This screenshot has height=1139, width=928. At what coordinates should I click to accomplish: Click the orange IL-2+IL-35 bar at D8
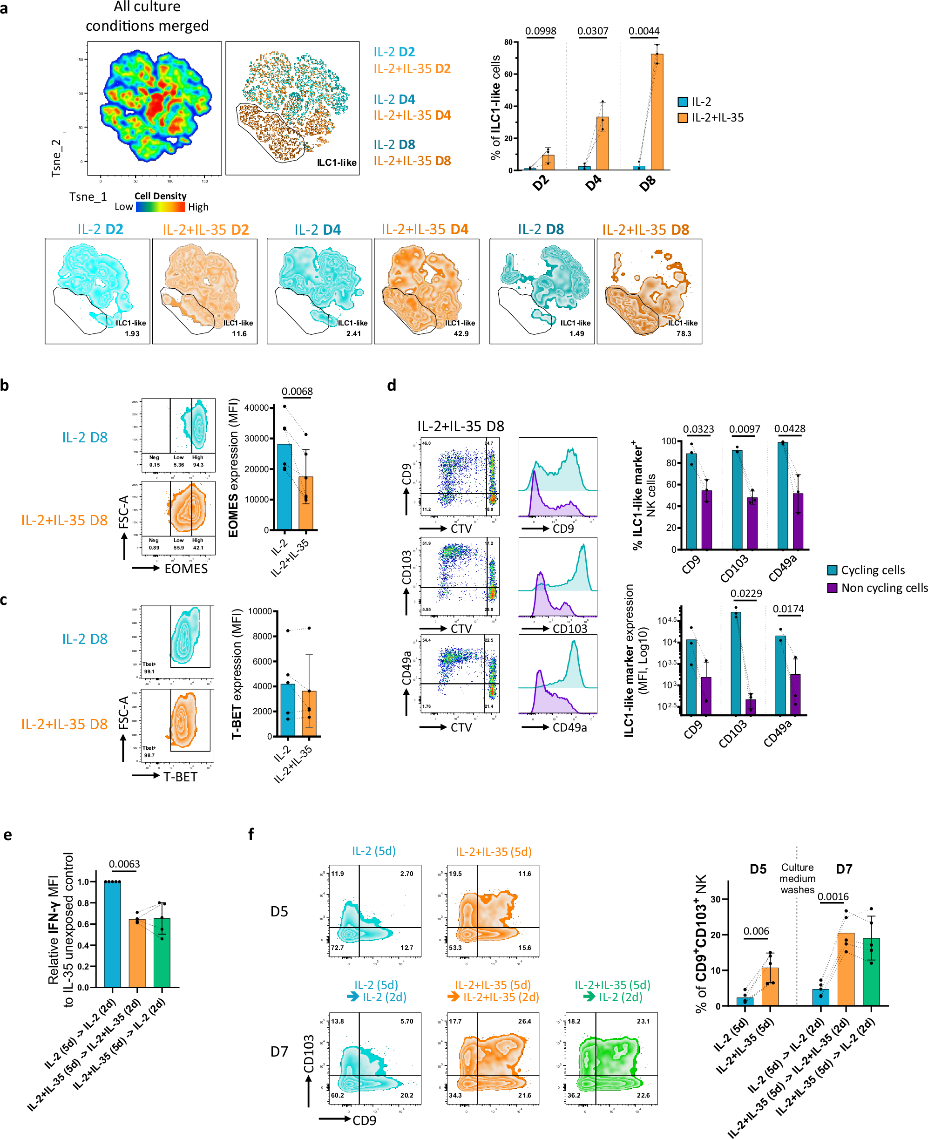(657, 112)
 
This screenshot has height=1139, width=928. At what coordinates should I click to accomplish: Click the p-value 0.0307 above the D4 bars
(592, 31)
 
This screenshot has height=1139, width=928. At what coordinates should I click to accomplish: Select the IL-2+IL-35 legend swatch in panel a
(682, 118)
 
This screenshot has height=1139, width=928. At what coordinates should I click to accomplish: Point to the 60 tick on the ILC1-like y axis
(508, 75)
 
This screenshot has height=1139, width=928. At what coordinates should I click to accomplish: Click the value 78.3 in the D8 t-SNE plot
(683, 333)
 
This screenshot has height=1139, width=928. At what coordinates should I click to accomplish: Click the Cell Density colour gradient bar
(160, 207)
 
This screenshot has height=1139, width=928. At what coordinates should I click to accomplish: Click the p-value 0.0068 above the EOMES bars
(297, 391)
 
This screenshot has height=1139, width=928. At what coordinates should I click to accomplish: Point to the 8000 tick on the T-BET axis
(263, 636)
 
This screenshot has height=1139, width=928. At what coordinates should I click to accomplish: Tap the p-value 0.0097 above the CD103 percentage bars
(744, 429)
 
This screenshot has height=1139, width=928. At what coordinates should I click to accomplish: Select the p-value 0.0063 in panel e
(124, 864)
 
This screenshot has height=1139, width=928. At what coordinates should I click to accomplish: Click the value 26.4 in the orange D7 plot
(524, 1021)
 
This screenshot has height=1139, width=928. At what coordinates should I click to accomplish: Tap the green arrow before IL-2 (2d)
(589, 997)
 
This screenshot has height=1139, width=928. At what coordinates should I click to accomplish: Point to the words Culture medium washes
(797, 878)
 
